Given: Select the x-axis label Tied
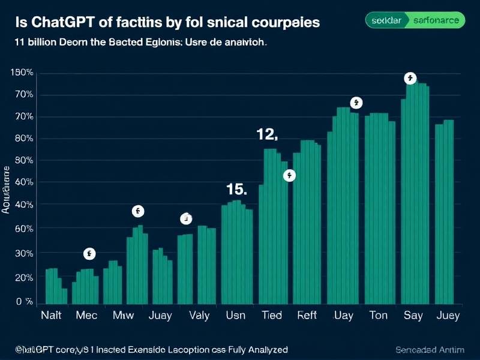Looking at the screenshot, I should point(272,315).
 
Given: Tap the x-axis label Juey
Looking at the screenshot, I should point(447,315).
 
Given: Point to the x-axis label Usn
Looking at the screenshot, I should point(236,315).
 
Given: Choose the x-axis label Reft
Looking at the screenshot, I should point(307,315).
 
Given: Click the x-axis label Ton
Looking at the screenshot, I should point(379,315).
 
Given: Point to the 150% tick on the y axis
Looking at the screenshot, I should point(22,73).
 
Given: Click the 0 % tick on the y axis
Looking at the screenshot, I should point(23,301).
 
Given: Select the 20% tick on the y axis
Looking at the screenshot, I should point(22,277).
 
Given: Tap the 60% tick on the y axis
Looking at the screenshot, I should point(22,229).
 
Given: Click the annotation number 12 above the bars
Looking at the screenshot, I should point(265,134).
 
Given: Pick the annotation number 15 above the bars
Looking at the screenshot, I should point(236,190).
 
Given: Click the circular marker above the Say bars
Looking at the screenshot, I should point(410,78).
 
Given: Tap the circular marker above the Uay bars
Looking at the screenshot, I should point(356,103).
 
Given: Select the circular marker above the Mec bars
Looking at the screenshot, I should point(89,254).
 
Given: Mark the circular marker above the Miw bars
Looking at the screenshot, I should point(137,211).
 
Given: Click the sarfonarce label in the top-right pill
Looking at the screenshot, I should point(436,20).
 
